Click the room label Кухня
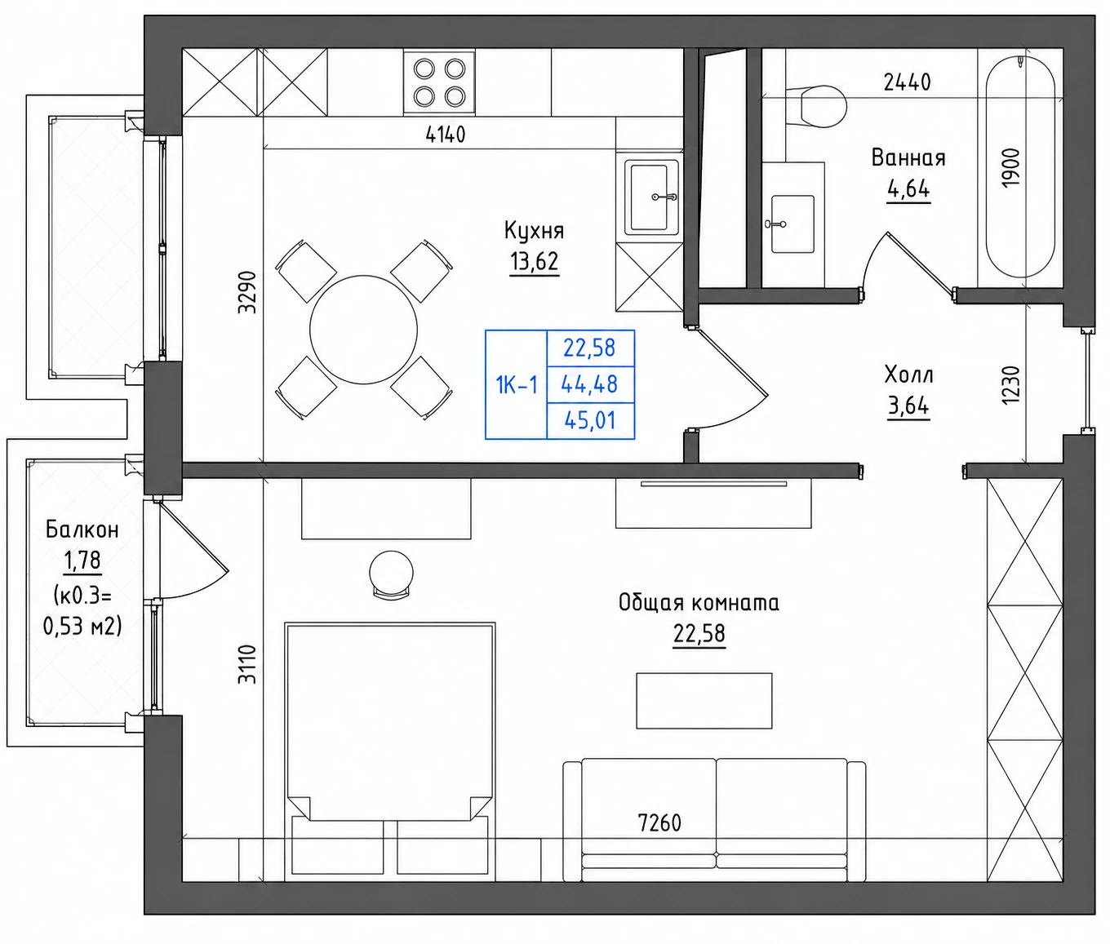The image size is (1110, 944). click(x=534, y=231)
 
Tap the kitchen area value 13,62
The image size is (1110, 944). click(x=534, y=262)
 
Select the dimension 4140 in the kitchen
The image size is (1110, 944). click(x=445, y=135)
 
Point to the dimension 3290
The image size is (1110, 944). click(x=247, y=293)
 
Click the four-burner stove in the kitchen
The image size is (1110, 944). click(x=439, y=82)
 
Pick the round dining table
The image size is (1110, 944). click(x=363, y=330)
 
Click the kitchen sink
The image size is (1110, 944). click(x=651, y=197)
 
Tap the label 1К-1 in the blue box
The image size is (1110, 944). click(x=516, y=385)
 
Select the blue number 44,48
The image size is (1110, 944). click(x=589, y=384)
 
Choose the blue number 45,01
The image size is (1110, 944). click(x=590, y=420)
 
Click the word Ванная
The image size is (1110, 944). click(x=908, y=157)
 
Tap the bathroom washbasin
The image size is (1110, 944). click(x=792, y=224)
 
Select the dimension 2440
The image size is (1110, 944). click(x=907, y=82)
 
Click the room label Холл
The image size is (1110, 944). click(x=908, y=374)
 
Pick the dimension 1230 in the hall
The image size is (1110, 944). click(x=1010, y=385)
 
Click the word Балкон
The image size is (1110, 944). click(x=82, y=530)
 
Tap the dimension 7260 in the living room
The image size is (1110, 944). click(x=659, y=823)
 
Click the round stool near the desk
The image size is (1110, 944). click(x=392, y=574)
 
